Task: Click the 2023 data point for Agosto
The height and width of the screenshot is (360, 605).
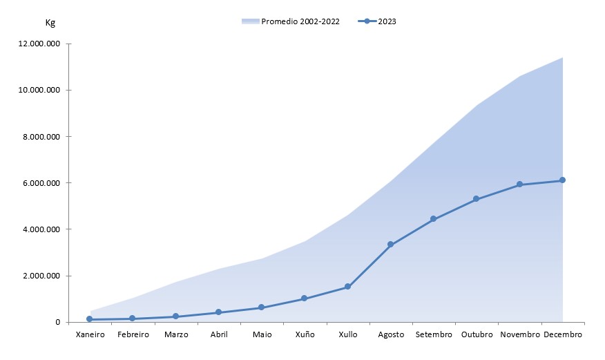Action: (390, 245)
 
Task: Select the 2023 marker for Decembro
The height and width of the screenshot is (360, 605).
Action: (562, 180)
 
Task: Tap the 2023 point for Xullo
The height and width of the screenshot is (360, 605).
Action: (347, 287)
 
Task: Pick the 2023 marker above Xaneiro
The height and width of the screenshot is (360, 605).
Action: (90, 319)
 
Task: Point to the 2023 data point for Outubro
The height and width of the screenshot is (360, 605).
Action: (477, 199)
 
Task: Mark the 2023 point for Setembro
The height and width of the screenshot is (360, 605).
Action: (433, 219)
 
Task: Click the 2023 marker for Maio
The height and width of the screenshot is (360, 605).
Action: (261, 307)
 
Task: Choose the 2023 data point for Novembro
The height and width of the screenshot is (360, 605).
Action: (519, 184)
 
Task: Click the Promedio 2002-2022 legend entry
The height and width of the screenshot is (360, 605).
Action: (291, 21)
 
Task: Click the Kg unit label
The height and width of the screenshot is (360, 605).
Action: (50, 22)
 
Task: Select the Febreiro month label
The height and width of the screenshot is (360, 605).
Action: (133, 334)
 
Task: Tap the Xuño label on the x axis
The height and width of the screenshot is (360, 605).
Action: (305, 334)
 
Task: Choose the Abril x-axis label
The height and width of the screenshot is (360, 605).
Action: (218, 334)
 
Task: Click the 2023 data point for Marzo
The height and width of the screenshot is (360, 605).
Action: (175, 316)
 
